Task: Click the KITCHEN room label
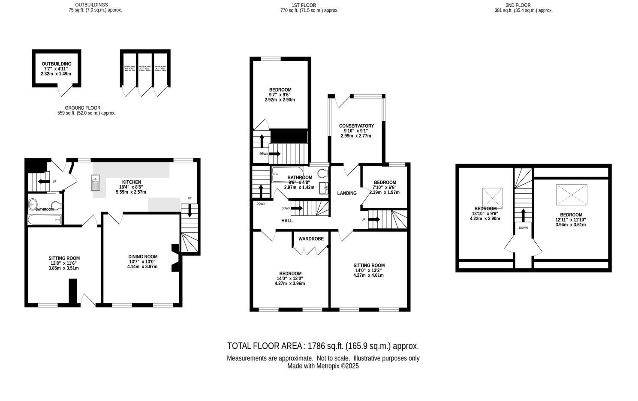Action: [x=131, y=182]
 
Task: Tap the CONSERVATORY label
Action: [x=356, y=126]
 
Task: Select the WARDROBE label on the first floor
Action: [x=311, y=239]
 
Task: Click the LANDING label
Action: [x=347, y=193]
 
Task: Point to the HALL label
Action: [x=287, y=221]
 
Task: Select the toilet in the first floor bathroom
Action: [x=323, y=174]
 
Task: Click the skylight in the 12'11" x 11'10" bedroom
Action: [x=572, y=195]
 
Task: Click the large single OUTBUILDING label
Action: [x=57, y=64]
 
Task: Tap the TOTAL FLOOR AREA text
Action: [x=323, y=346]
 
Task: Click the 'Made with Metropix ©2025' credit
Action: [x=323, y=366]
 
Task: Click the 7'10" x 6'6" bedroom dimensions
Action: [x=384, y=192]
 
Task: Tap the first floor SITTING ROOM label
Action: [x=369, y=265]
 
